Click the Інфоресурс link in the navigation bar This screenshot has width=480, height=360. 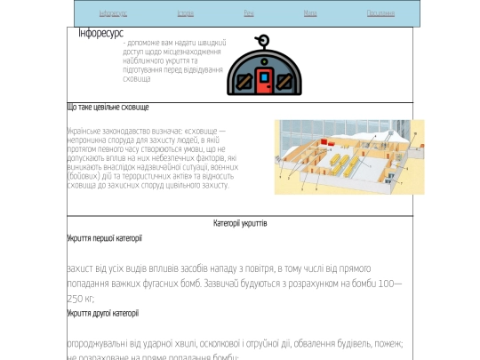(x=113, y=13)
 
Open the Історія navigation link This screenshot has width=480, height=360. (x=185, y=13)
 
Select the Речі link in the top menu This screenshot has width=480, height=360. (x=248, y=13)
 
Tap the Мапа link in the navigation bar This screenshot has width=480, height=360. (x=309, y=13)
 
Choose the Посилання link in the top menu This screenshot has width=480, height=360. (x=380, y=13)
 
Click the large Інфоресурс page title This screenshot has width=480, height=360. (x=100, y=32)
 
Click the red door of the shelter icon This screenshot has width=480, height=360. (x=264, y=81)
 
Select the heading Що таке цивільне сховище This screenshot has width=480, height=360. (x=108, y=108)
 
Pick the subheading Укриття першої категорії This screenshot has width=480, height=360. (x=104, y=238)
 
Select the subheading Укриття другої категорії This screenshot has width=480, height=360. (x=102, y=313)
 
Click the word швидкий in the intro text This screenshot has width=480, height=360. (x=210, y=43)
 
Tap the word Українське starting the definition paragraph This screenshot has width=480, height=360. (x=85, y=131)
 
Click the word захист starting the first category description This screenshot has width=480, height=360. (x=81, y=268)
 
